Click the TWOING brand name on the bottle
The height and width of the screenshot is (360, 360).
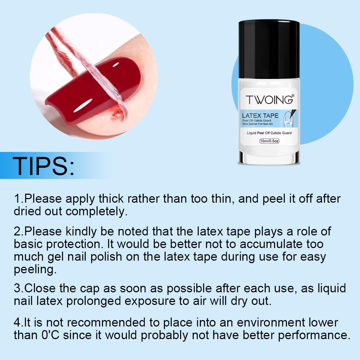point(269,100)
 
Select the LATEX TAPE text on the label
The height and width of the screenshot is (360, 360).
point(260,116)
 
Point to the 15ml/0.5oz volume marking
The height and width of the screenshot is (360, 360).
point(269,141)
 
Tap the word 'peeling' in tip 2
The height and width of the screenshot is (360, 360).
point(35,270)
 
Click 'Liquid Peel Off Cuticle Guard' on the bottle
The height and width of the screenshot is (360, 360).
point(269,133)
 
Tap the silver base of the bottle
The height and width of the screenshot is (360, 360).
point(269,158)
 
